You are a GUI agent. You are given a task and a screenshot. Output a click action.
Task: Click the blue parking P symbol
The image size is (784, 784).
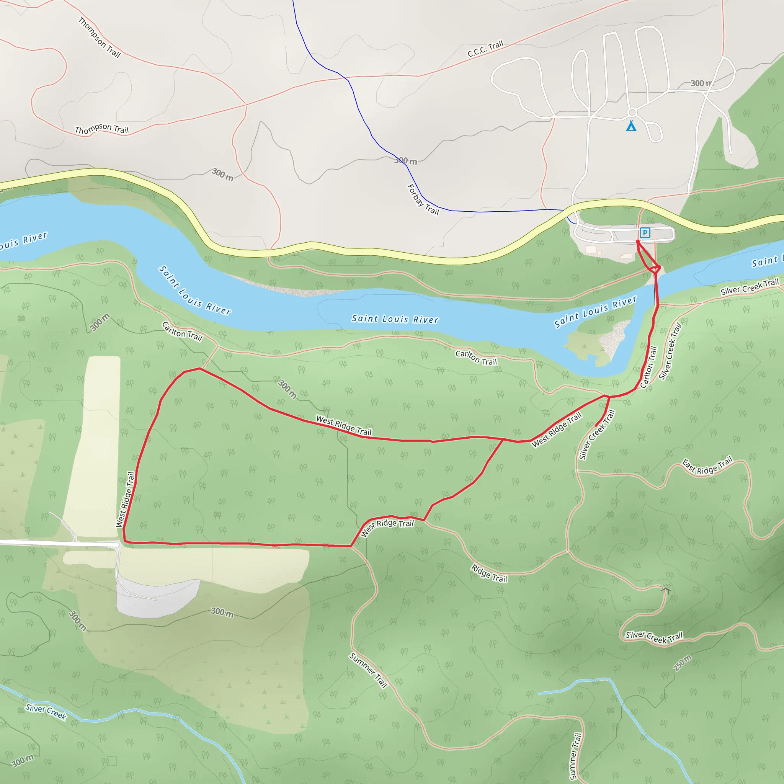coord(645,233)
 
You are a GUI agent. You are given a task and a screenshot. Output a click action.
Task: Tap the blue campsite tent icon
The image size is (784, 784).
coord(631,126)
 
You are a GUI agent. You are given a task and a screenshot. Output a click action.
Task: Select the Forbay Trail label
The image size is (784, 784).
coord(423,200)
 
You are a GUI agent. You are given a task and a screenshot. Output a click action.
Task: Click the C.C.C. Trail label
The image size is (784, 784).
coord(485,49)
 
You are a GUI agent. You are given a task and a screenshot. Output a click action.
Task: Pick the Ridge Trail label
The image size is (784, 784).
coord(489,573)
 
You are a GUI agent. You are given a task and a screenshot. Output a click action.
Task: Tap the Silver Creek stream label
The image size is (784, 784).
coord(46,712)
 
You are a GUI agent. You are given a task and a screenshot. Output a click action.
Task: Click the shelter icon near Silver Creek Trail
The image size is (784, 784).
coord(665,589)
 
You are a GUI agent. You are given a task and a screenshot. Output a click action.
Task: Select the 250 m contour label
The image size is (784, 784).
coord(683,663)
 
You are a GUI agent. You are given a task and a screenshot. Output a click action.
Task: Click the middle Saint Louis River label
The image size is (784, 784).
coord(395,319)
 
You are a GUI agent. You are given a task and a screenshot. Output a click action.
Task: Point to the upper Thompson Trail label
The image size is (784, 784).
coord(100,37)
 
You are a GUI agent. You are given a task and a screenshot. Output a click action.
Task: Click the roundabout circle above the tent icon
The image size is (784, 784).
coord(632,113)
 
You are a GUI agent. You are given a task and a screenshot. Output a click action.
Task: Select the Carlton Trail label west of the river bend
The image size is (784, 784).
coord(182,332)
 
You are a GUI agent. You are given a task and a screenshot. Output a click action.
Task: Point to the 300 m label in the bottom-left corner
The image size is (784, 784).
coord(23,761)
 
